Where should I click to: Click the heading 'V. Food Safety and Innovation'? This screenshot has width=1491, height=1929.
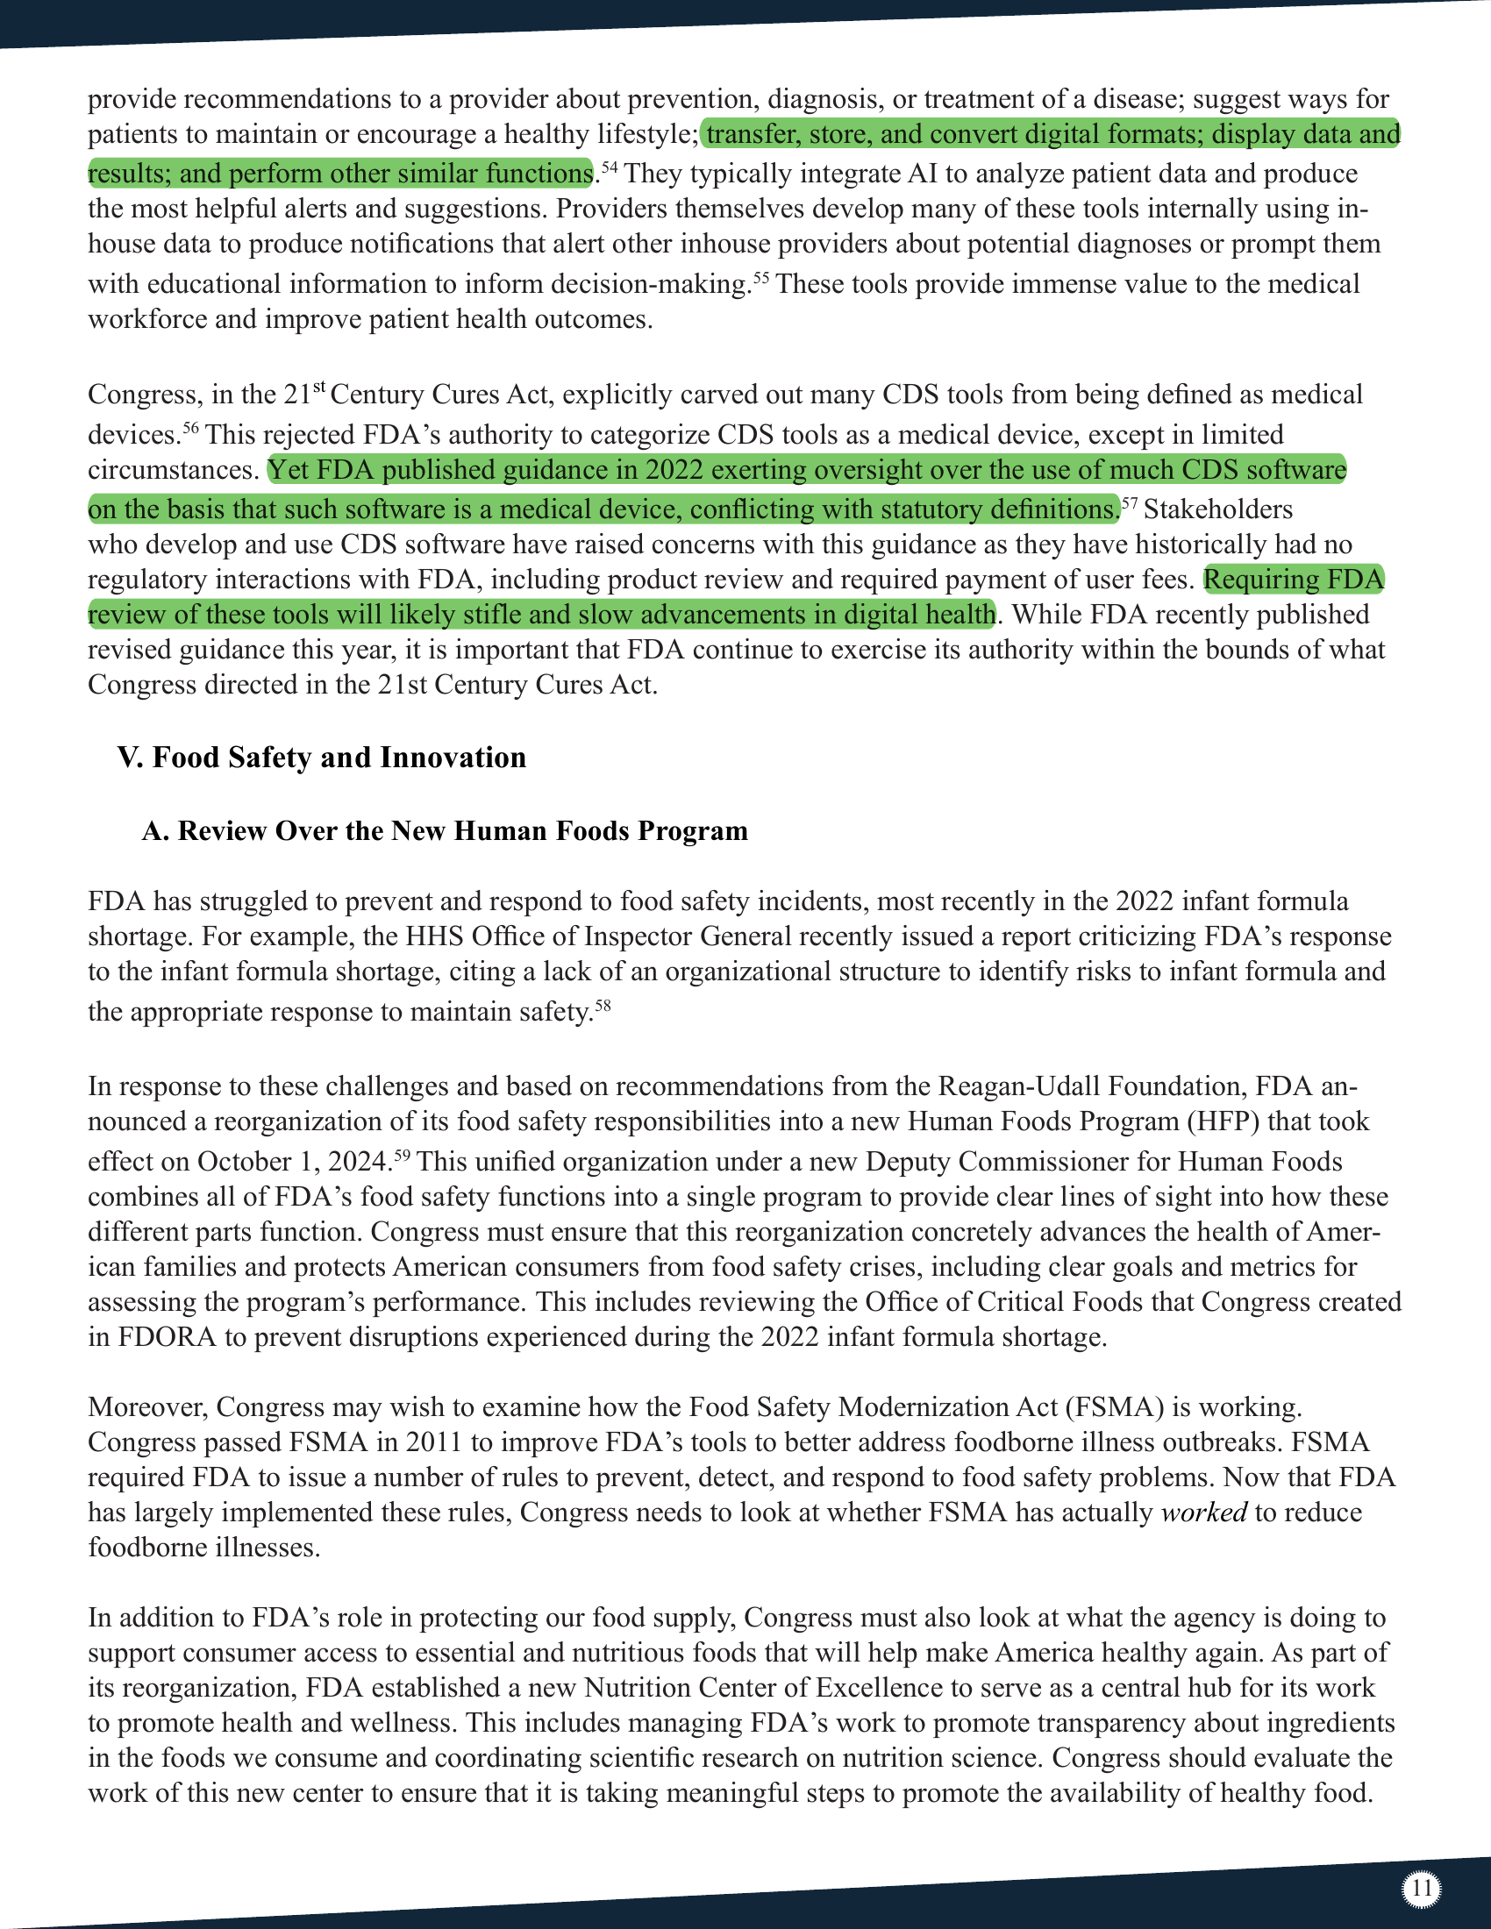pyautogui.click(x=322, y=758)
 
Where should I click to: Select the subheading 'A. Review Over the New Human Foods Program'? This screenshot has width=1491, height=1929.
pyautogui.click(x=446, y=831)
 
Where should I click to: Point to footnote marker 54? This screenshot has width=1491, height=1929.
pyautogui.click(x=609, y=165)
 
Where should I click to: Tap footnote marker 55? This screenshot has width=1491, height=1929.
pyautogui.click(x=760, y=275)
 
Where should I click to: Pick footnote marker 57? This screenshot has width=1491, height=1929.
pyautogui.click(x=1129, y=502)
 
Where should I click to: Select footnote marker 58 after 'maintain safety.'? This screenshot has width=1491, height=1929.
pyautogui.click(x=602, y=1003)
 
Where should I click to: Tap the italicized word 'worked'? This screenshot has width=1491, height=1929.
pyautogui.click(x=1203, y=1513)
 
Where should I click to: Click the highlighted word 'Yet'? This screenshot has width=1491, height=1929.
pyautogui.click(x=289, y=470)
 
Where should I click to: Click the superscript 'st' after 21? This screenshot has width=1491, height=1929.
pyautogui.click(x=319, y=386)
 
